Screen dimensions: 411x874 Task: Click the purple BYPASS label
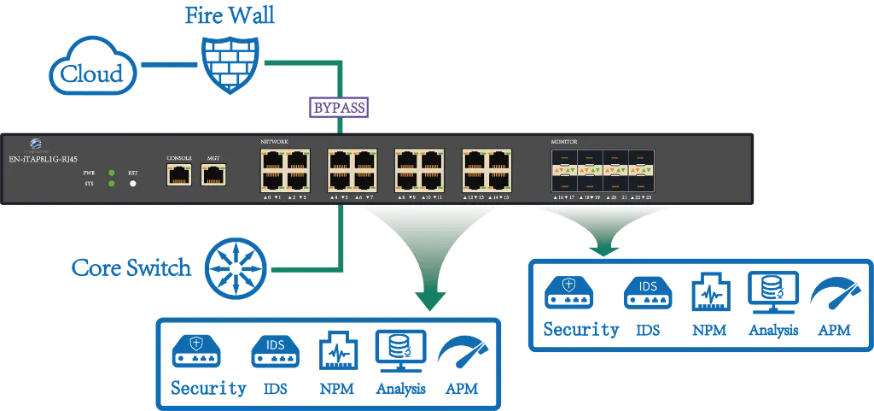point(339,109)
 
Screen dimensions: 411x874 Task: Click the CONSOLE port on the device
point(179,174)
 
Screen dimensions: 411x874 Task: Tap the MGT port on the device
point(213,174)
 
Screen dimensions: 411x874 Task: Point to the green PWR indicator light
point(112,173)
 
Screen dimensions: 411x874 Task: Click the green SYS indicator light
point(112,184)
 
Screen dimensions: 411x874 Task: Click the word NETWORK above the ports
point(275,141)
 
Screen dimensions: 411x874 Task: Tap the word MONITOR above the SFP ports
point(566,141)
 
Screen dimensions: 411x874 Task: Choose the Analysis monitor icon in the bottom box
point(399,354)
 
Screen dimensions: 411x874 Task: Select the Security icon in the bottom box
point(197,354)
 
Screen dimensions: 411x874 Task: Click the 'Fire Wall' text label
point(230,15)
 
